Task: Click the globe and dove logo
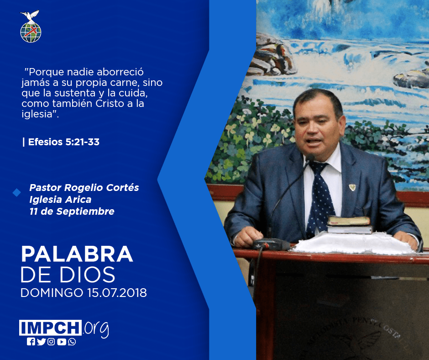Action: point(31,26)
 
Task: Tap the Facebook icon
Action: point(31,342)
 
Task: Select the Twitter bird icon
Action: point(41,342)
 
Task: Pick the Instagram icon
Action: point(51,342)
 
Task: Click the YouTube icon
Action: point(62,342)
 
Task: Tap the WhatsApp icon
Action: point(72,342)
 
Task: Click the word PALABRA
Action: point(77,254)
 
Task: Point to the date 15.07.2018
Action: point(117,292)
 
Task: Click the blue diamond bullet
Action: point(17,192)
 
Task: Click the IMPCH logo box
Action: point(50,328)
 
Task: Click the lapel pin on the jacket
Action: point(352,187)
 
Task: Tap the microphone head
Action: point(310,158)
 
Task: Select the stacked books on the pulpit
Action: point(350,225)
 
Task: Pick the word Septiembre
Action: point(85,212)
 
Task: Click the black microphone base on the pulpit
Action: point(271,244)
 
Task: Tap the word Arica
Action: point(78,200)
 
